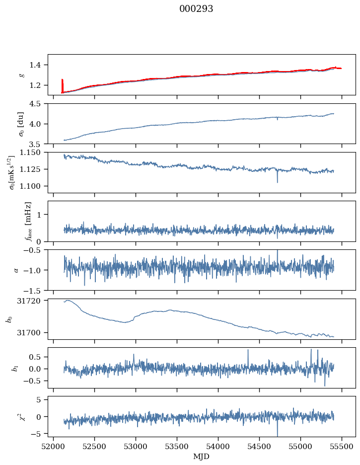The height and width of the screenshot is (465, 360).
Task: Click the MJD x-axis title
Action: [x=201, y=457]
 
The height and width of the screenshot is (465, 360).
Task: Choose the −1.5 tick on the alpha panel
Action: [x=35, y=290]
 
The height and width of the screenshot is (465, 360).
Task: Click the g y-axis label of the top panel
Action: [x=21, y=75]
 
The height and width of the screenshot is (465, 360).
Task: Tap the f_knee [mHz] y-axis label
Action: [x=28, y=221]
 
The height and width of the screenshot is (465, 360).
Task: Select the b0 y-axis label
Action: [x=8, y=318]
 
